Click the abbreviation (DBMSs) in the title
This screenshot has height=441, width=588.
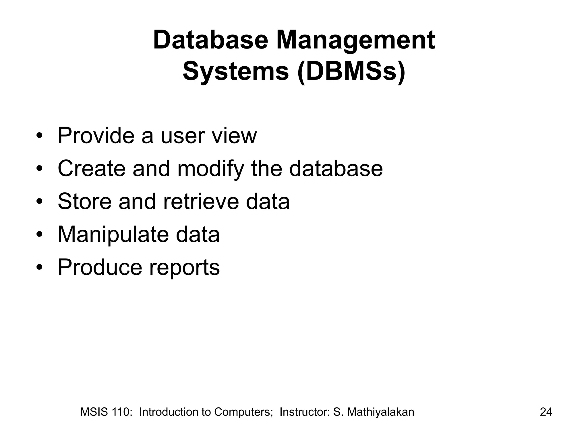pyautogui.click(x=351, y=72)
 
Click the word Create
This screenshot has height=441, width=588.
pyautogui.click(x=92, y=168)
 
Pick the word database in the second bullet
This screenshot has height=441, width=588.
pyautogui.click(x=336, y=168)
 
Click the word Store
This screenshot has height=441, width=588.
pyautogui.click(x=84, y=201)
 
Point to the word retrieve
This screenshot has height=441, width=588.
pyautogui.click(x=201, y=201)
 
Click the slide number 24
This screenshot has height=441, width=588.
pyautogui.click(x=546, y=412)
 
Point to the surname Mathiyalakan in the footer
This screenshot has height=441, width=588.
pyautogui.click(x=380, y=412)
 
